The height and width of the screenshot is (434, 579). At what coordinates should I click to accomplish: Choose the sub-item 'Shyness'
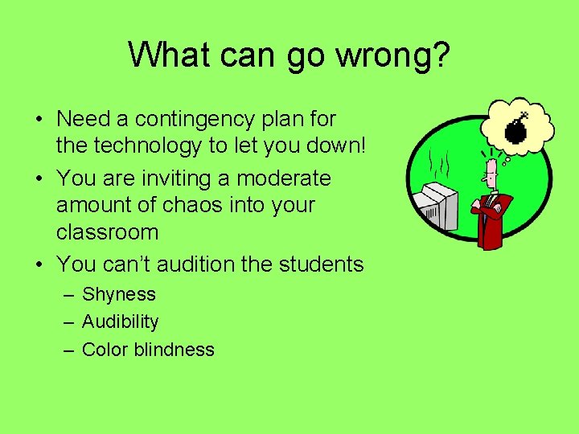click(119, 294)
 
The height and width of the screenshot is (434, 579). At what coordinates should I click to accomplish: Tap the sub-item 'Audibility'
click(121, 321)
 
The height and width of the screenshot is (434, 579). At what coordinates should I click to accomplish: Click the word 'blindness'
click(175, 350)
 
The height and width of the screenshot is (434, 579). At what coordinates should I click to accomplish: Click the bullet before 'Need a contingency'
click(39, 120)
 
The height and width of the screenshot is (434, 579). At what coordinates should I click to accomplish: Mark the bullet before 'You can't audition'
click(39, 264)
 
